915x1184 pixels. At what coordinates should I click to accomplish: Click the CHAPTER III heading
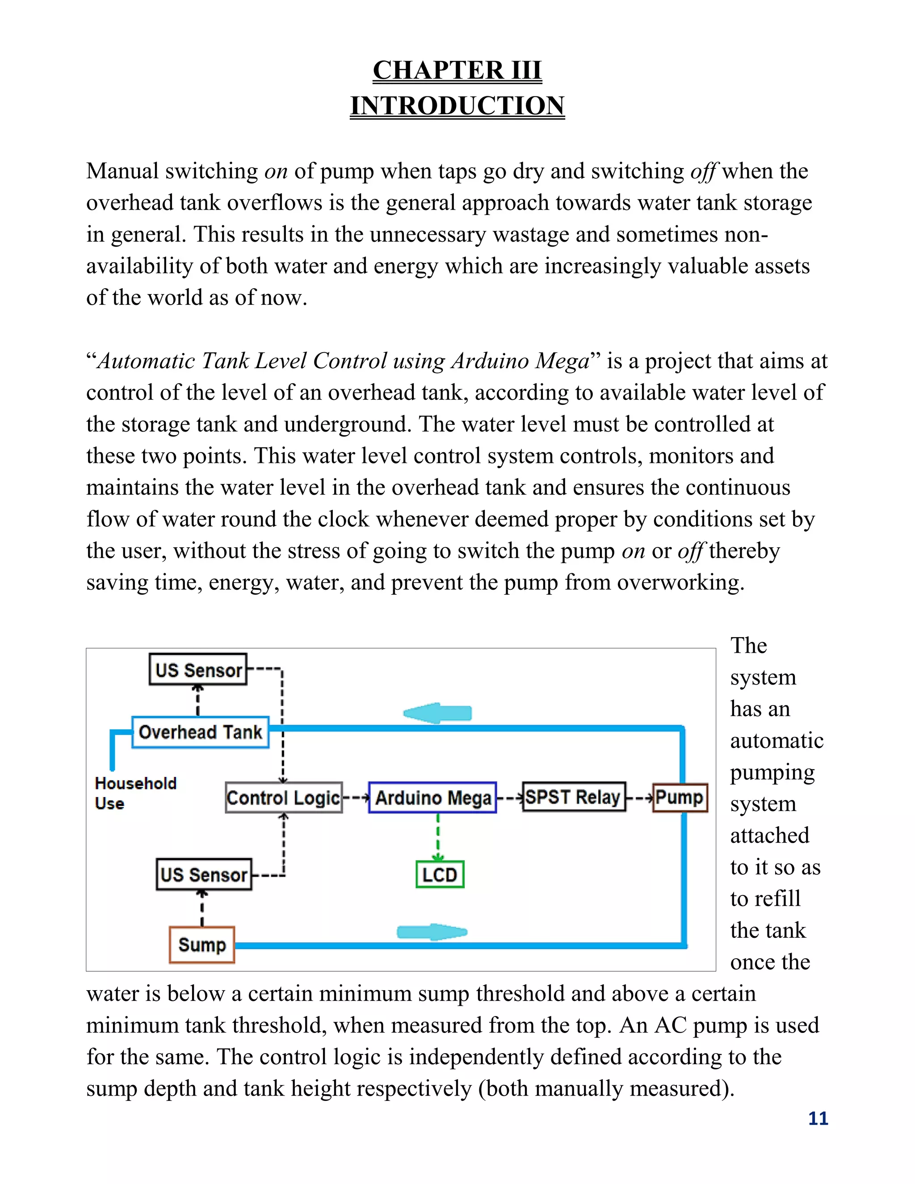coord(457,70)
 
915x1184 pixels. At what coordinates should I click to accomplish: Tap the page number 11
coord(818,1118)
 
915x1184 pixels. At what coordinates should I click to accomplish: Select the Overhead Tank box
coord(201,732)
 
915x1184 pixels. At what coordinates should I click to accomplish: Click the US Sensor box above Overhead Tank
coord(198,670)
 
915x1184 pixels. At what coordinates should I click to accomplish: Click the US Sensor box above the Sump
coord(204,874)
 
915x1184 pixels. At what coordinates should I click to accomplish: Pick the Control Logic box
coord(284,798)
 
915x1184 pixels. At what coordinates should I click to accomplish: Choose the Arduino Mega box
coord(432,798)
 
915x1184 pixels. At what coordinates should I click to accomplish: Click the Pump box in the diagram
coord(680,797)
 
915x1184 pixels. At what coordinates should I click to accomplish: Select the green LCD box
coord(440,874)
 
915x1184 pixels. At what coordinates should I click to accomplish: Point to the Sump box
coord(201,945)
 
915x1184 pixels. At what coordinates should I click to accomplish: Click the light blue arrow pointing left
coord(438,713)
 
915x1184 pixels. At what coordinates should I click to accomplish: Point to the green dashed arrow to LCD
coord(438,838)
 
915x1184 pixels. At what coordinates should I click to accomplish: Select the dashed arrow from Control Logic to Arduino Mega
coord(356,798)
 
